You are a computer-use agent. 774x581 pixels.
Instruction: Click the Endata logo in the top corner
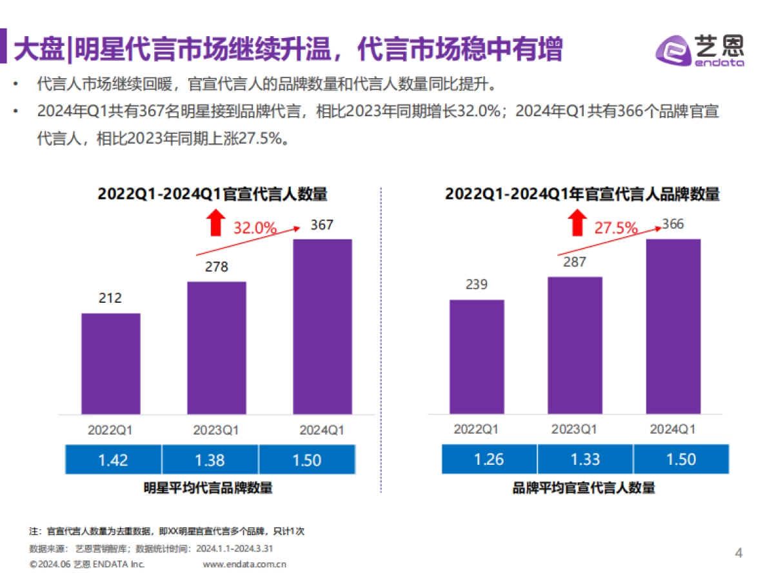[x=699, y=49]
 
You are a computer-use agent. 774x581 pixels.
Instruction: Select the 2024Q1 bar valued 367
[x=322, y=327]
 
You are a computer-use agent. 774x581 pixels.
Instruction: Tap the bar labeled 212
[x=110, y=363]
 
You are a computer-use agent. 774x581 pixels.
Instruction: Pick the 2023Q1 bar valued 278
[x=217, y=348]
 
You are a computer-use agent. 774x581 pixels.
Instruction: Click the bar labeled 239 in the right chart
[x=477, y=356]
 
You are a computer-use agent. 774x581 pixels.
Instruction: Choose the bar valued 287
[x=575, y=345]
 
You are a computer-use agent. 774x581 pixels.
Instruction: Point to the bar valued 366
[x=673, y=327]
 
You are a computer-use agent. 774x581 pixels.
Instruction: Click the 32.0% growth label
[x=255, y=228]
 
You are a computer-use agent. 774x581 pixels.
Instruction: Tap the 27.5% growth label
[x=616, y=228]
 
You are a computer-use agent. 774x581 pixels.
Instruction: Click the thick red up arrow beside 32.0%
[x=215, y=225]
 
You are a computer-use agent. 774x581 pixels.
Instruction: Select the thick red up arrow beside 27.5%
[x=576, y=225]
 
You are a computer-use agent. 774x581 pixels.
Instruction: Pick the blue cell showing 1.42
[x=113, y=460]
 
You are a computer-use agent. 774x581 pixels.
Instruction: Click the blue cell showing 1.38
[x=210, y=460]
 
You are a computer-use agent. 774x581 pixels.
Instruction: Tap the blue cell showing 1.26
[x=490, y=460]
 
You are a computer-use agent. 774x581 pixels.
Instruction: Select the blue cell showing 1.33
[x=586, y=460]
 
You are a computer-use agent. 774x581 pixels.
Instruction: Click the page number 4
[x=739, y=553]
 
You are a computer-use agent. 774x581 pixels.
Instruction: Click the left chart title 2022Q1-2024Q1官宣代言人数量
[x=212, y=194]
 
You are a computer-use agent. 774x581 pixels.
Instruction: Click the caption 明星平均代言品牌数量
[x=208, y=488]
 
